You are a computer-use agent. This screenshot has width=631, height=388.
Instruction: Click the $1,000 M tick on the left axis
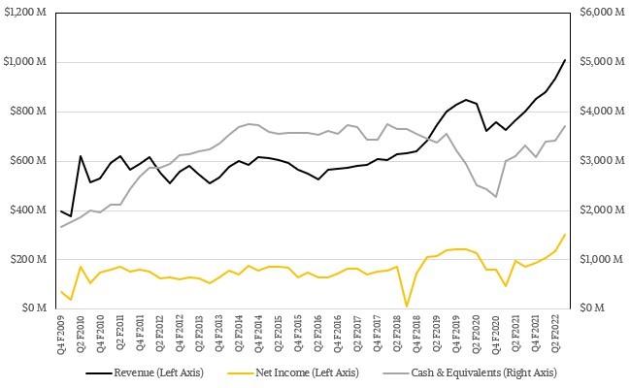click(25, 61)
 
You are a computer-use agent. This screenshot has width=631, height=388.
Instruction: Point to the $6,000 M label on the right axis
click(603, 12)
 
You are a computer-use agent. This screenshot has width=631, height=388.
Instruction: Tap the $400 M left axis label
click(28, 210)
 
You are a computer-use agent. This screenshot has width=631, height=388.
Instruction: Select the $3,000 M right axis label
click(603, 160)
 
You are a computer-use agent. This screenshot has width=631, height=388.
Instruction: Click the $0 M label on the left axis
click(34, 308)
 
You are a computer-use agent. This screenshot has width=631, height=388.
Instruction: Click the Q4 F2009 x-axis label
click(61, 334)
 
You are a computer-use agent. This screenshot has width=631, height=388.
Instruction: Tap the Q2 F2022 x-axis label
click(555, 334)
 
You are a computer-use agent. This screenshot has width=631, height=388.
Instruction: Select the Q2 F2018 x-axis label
click(398, 334)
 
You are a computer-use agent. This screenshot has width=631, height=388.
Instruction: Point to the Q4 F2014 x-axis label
click(259, 334)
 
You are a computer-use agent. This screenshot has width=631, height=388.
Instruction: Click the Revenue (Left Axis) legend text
click(158, 372)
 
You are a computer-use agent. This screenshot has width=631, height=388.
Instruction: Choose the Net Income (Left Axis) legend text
click(307, 372)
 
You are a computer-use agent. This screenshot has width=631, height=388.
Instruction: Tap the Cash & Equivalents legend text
click(483, 372)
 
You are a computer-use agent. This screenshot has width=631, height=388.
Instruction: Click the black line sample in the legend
click(99, 373)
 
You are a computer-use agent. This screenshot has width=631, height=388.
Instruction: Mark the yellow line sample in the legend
click(241, 373)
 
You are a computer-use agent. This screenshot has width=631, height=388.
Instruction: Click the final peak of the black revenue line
click(565, 60)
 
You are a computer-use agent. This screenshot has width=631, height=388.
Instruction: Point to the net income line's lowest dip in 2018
click(407, 307)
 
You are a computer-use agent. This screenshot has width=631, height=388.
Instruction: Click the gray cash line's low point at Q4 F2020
click(496, 197)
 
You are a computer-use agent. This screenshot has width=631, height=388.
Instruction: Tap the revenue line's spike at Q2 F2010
click(81, 156)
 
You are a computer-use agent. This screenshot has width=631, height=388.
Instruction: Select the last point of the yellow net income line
click(565, 235)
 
